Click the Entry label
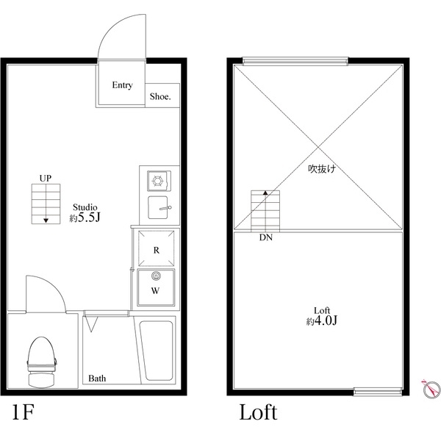click(122, 85)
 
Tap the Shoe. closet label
click(160, 96)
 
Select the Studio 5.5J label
click(84, 213)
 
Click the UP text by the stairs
click(46, 179)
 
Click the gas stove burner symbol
click(157, 179)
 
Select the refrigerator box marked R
click(156, 248)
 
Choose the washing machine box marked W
click(156, 287)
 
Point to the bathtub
click(156, 351)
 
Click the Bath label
click(97, 379)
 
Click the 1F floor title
click(23, 412)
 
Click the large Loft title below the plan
click(258, 412)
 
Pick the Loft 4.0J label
click(320, 316)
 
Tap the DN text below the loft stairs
click(265, 238)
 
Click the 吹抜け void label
click(322, 169)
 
